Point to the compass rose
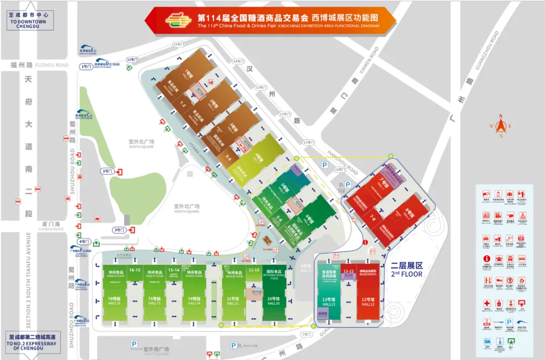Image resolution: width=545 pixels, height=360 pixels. click(501, 126)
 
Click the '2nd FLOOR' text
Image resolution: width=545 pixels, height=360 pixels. click(407, 274)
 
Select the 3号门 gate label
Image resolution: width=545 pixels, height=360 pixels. click(119, 230)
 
